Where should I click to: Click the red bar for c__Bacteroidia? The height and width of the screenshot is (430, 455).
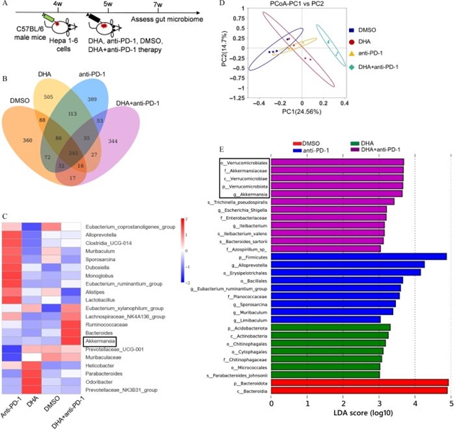point(359,389)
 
